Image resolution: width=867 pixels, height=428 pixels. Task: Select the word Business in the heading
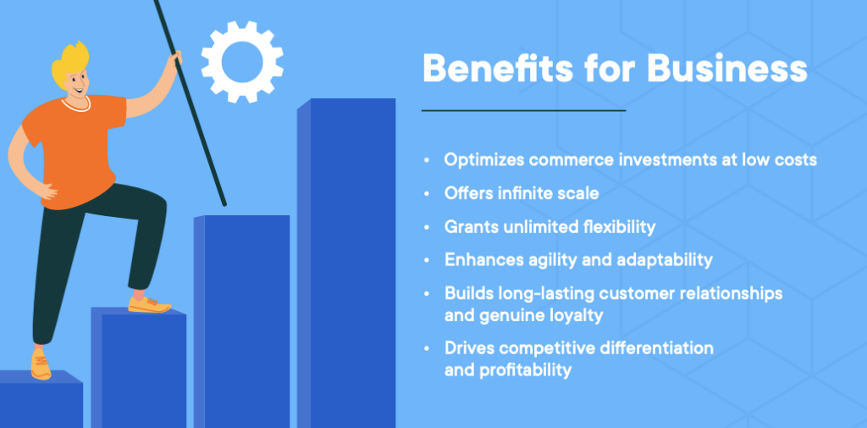[x=727, y=68]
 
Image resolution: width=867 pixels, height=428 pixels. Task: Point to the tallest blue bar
[x=346, y=263]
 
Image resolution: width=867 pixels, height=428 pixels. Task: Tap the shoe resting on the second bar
[x=149, y=304]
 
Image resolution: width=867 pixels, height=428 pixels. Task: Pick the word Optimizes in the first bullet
[x=483, y=160]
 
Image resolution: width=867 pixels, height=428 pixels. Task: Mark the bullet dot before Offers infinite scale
[x=427, y=194]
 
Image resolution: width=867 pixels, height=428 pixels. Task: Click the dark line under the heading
[x=523, y=111]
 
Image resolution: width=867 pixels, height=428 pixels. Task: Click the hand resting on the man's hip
[x=47, y=192]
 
